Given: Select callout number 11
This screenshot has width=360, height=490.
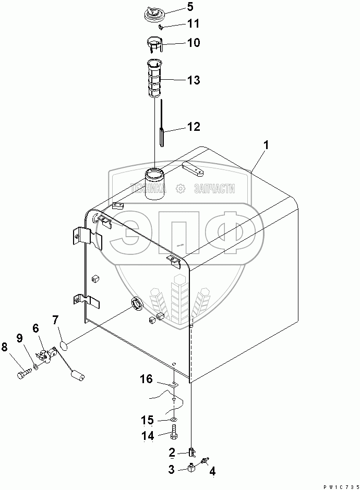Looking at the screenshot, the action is [178, 23].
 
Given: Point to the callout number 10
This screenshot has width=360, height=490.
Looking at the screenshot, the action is [178, 42].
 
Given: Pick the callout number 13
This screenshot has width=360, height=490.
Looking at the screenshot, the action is [178, 80].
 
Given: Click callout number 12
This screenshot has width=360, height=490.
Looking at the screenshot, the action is [178, 127].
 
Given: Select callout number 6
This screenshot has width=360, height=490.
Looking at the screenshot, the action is [35, 328].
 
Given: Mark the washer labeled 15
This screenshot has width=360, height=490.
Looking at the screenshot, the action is [173, 419].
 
